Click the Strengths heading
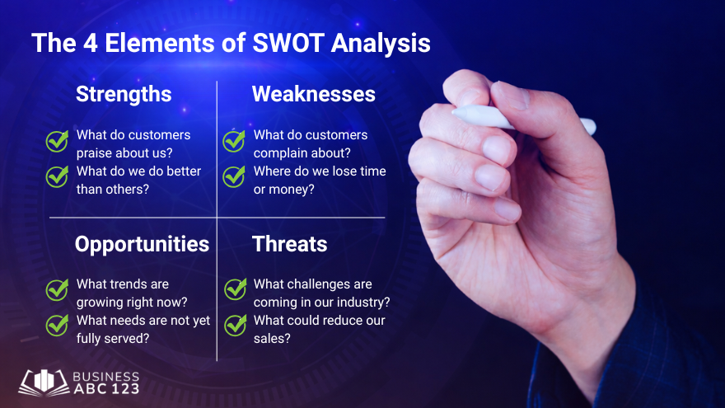tap(124, 94)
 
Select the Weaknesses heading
tap(313, 94)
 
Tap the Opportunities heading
tap(142, 244)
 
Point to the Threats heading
tap(289, 244)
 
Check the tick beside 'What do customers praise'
tap(57, 141)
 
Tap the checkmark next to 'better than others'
tap(57, 176)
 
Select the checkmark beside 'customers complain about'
tap(234, 141)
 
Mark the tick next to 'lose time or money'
tap(234, 176)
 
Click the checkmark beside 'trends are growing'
tap(57, 289)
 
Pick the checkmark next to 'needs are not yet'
tap(57, 325)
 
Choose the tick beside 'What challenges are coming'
tap(236, 289)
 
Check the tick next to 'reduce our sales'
tap(236, 325)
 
